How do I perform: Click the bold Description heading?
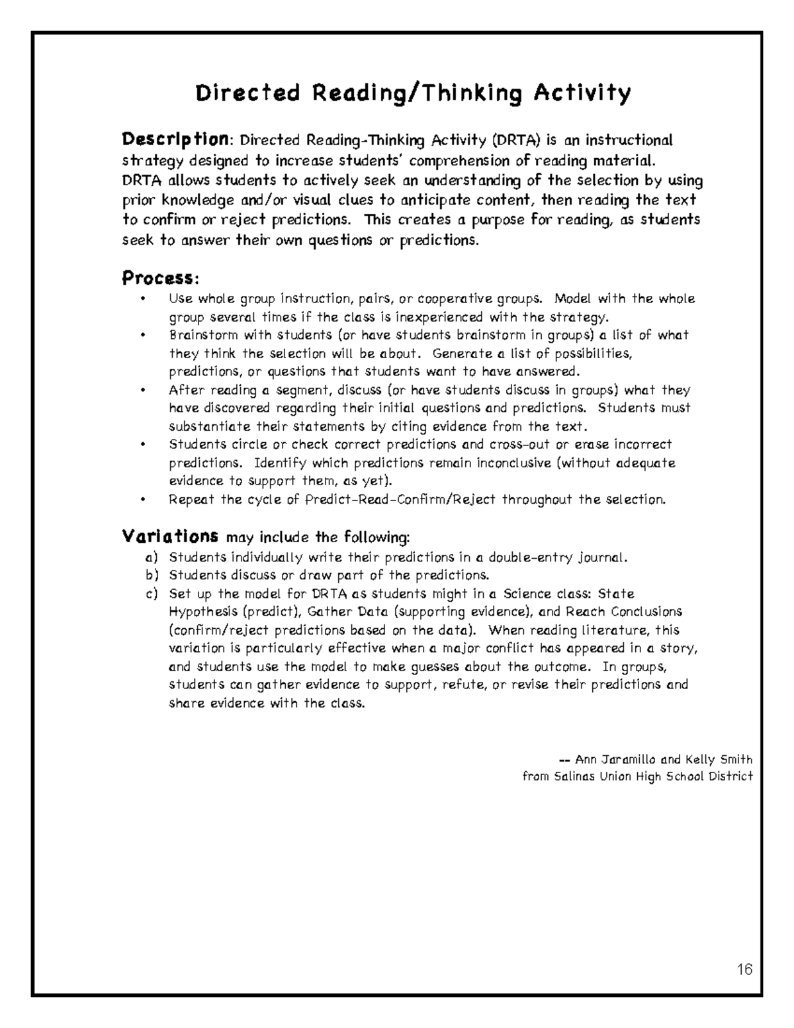[x=175, y=140]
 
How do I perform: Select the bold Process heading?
[x=159, y=278]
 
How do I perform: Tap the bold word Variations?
[x=171, y=536]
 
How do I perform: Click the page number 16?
[x=744, y=970]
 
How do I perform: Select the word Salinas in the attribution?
[x=572, y=776]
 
